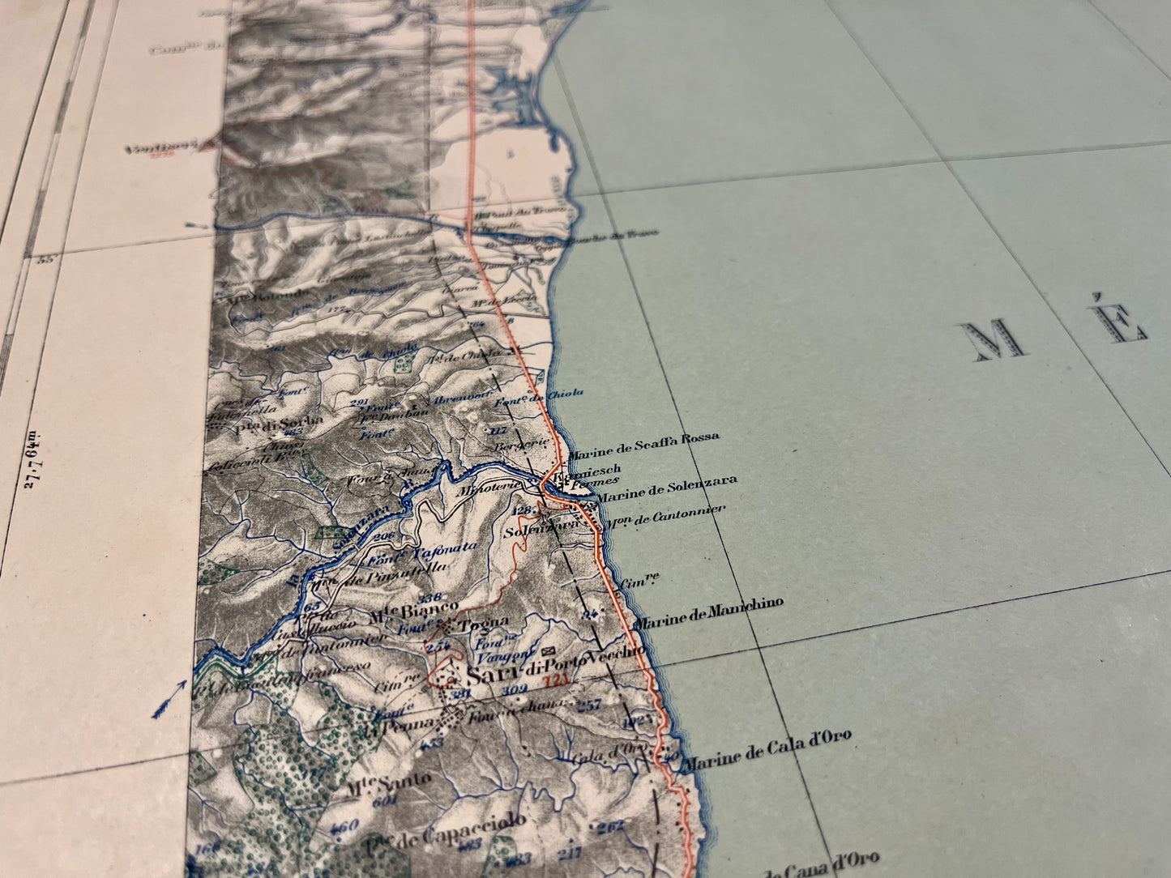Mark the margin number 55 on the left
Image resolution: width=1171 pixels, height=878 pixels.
(x=45, y=259)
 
